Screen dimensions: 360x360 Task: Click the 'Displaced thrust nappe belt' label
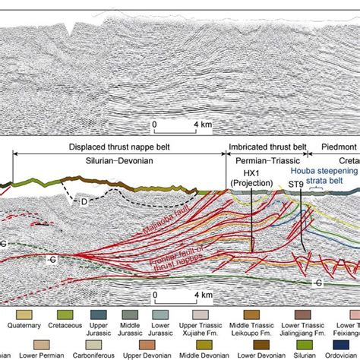point(115,147)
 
